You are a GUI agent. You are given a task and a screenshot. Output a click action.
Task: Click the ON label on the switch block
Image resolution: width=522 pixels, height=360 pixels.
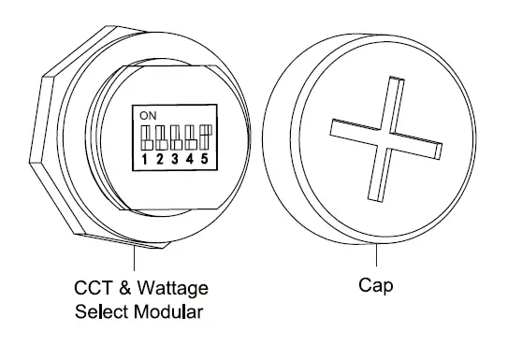pos(147,115)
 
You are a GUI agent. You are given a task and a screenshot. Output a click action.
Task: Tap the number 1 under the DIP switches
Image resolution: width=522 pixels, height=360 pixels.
pos(146,160)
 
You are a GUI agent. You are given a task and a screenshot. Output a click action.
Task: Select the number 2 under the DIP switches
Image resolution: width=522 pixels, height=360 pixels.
pos(160,160)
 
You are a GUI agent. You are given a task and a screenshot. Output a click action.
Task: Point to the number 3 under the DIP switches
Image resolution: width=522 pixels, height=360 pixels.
pos(174,160)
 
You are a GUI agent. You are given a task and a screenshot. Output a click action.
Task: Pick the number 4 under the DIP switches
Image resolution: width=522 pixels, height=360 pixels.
pos(188,160)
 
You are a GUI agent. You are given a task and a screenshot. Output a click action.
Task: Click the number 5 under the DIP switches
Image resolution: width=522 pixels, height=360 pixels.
pos(202,160)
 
